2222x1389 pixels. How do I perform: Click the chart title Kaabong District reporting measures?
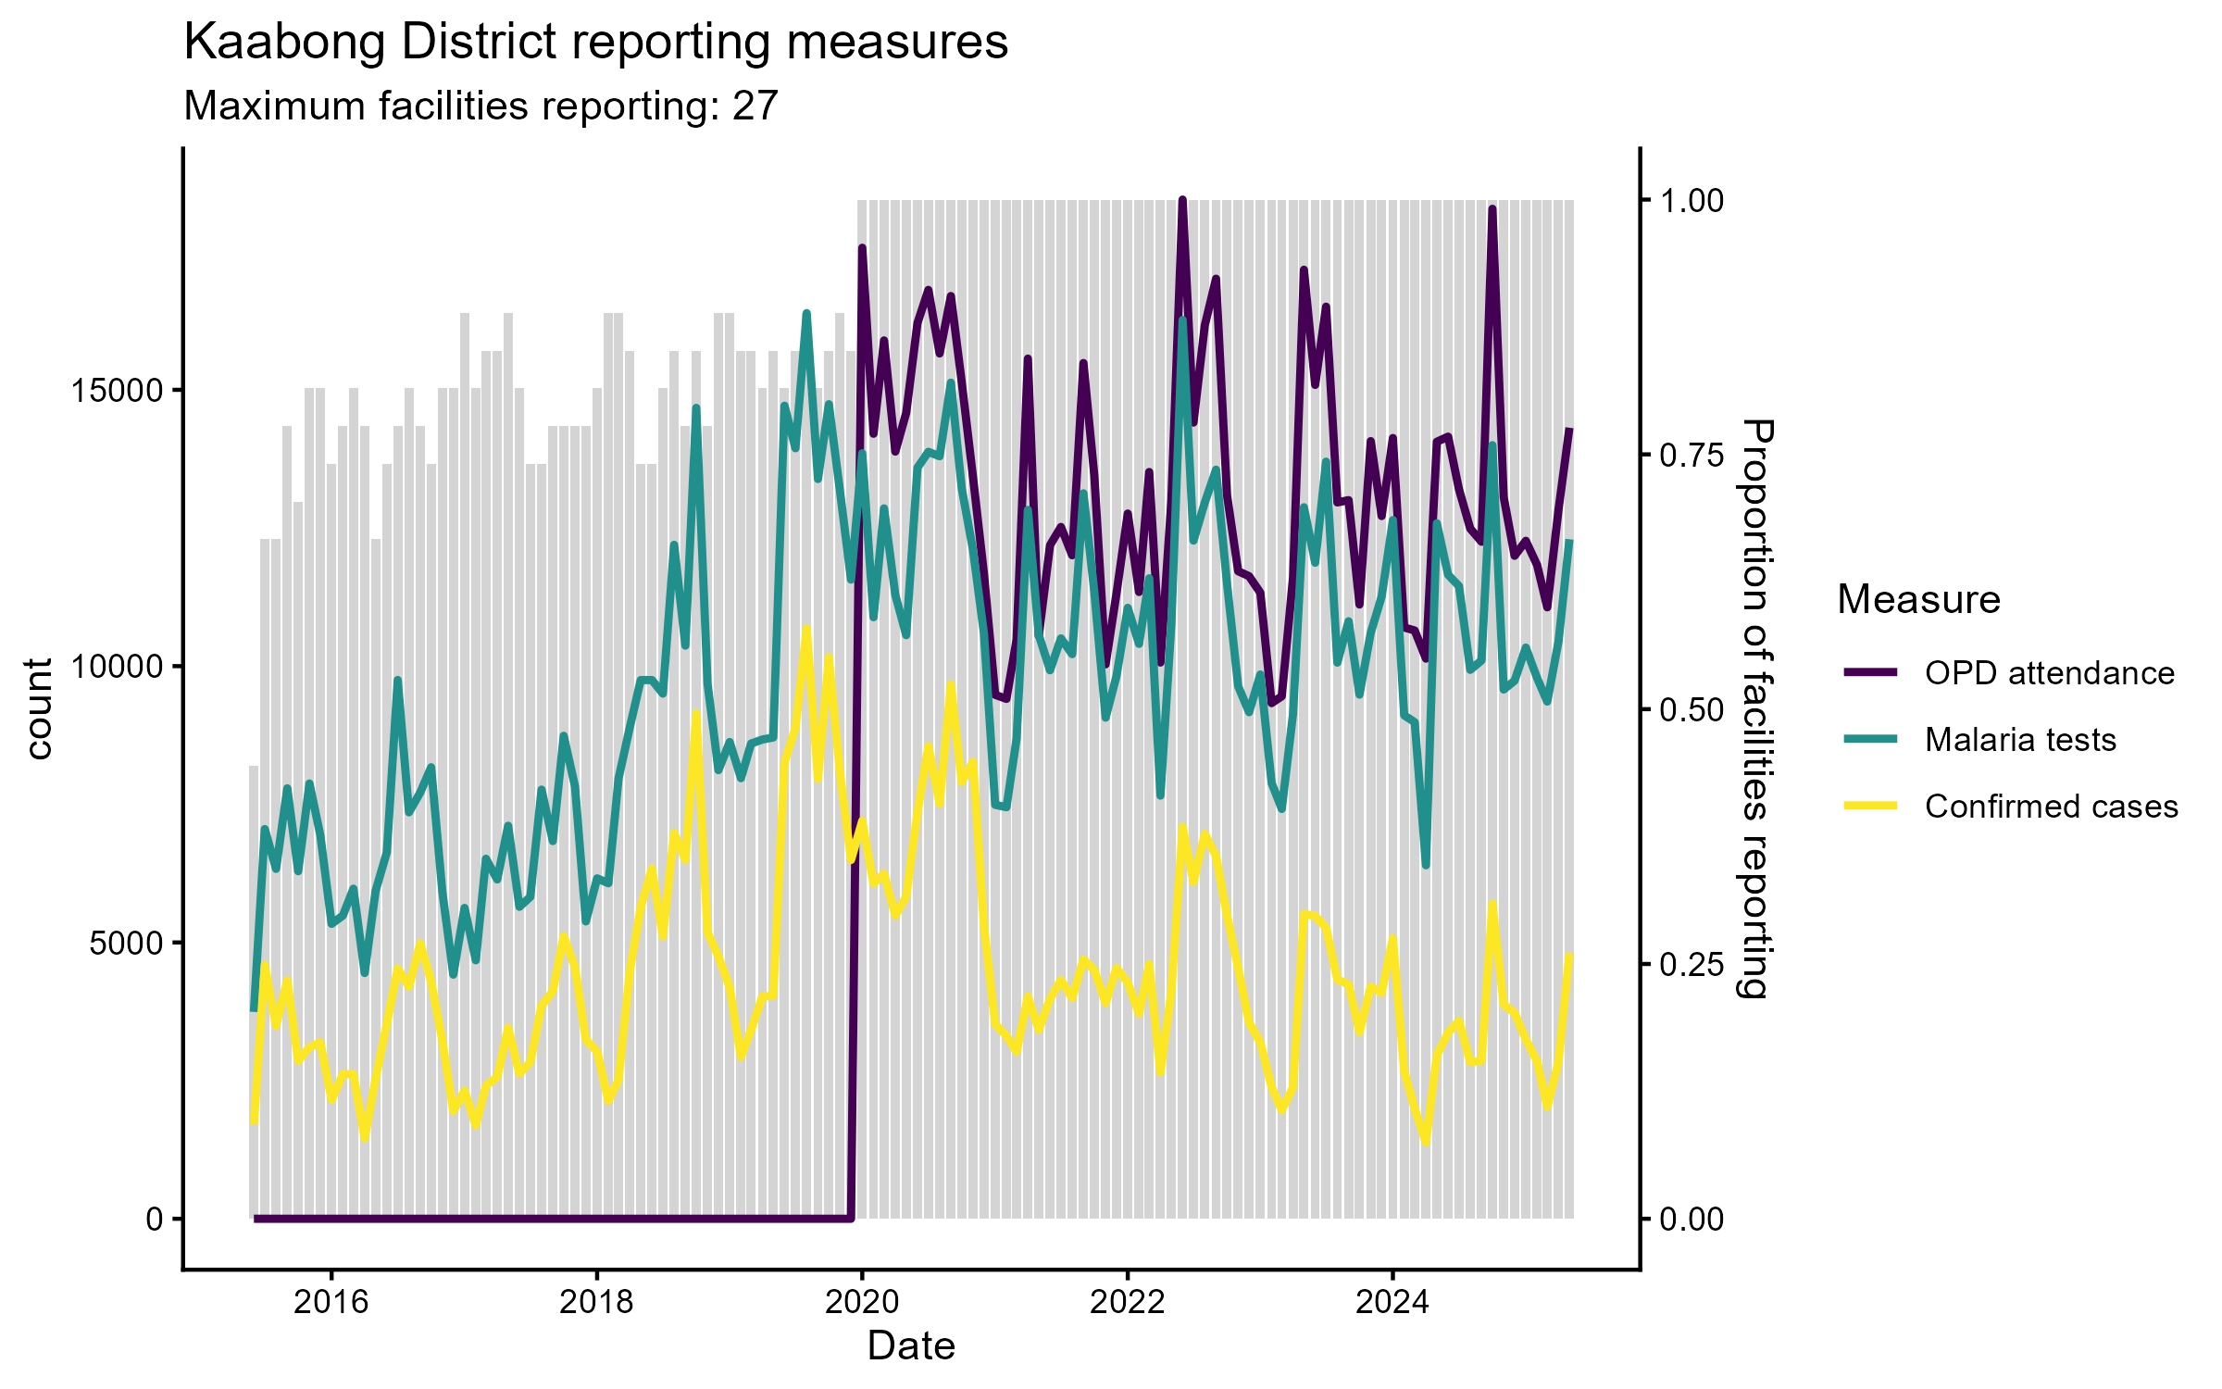click(x=595, y=43)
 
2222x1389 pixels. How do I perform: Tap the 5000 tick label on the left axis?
click(x=126, y=944)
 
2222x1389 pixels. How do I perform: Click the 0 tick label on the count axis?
click(x=155, y=1220)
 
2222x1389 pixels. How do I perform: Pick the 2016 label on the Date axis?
click(x=331, y=1303)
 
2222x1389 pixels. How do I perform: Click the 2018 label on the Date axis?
click(x=596, y=1303)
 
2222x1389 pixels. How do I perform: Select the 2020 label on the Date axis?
click(x=862, y=1303)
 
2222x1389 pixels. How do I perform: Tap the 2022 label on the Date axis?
click(x=1127, y=1303)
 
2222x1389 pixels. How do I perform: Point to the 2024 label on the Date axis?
click(x=1392, y=1303)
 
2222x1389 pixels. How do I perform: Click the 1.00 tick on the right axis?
click(x=1691, y=201)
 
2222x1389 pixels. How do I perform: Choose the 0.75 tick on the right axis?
click(x=1691, y=455)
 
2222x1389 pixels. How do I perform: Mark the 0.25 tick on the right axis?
click(x=1691, y=965)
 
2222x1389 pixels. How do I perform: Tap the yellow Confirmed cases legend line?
click(x=1870, y=807)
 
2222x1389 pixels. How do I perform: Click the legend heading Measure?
click(x=1918, y=600)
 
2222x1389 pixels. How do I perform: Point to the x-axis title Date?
click(x=911, y=1346)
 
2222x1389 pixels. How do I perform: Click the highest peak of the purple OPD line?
click(x=1182, y=200)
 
